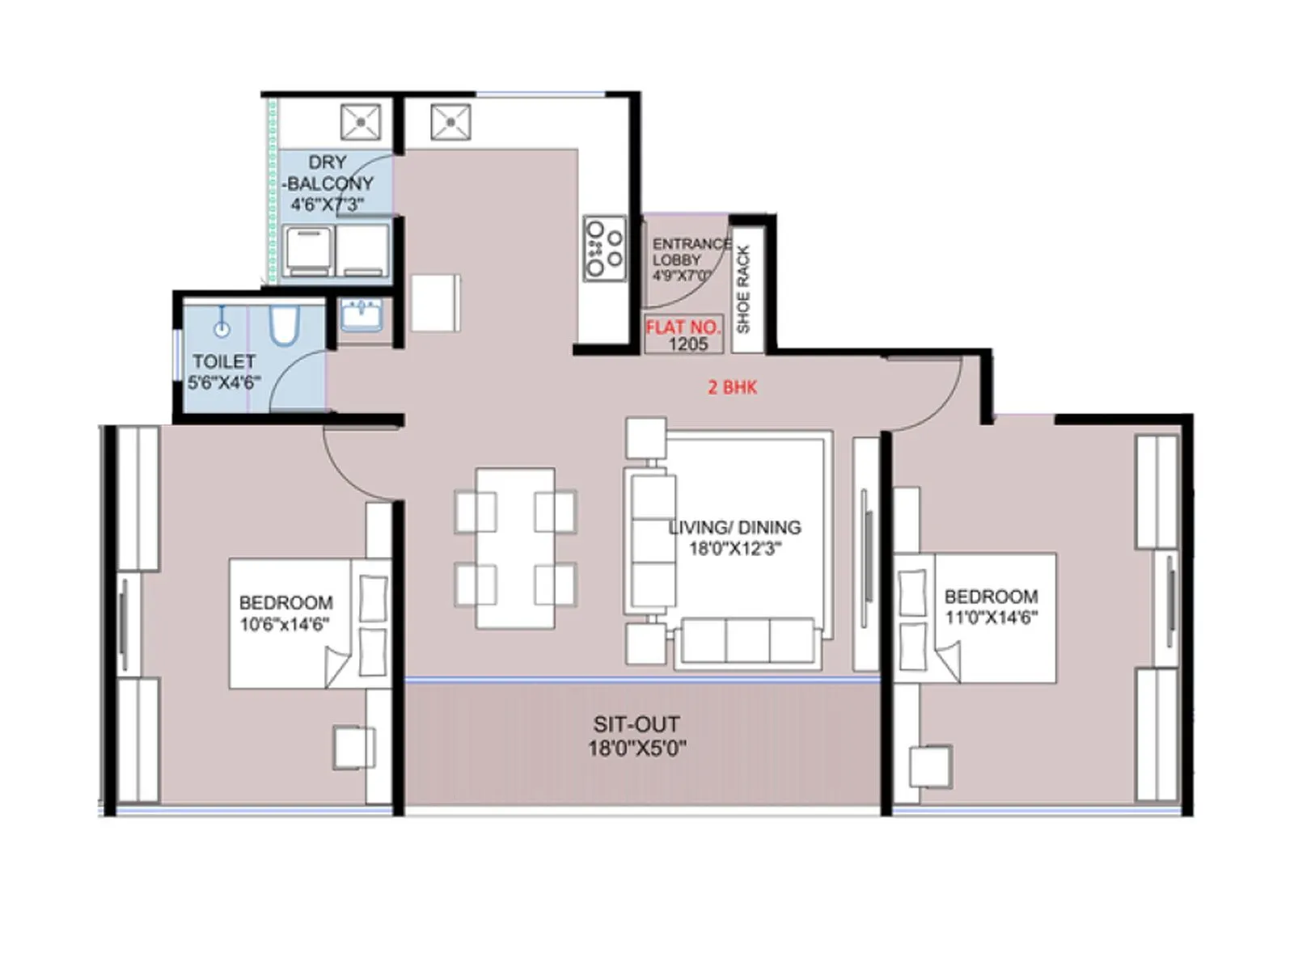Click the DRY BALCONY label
click(328, 183)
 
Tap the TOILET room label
click(223, 361)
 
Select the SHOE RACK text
click(744, 289)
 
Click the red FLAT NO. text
click(683, 327)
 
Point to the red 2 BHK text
click(732, 387)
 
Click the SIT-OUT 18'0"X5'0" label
click(636, 736)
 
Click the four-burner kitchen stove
click(605, 248)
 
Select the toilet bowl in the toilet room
click(284, 325)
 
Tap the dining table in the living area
click(515, 547)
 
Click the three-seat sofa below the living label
click(747, 642)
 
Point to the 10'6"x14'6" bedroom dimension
click(285, 624)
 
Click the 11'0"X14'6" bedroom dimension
click(992, 618)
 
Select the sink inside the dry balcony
click(360, 123)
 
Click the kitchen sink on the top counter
click(450, 123)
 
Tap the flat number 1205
click(687, 344)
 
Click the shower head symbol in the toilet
click(222, 327)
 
